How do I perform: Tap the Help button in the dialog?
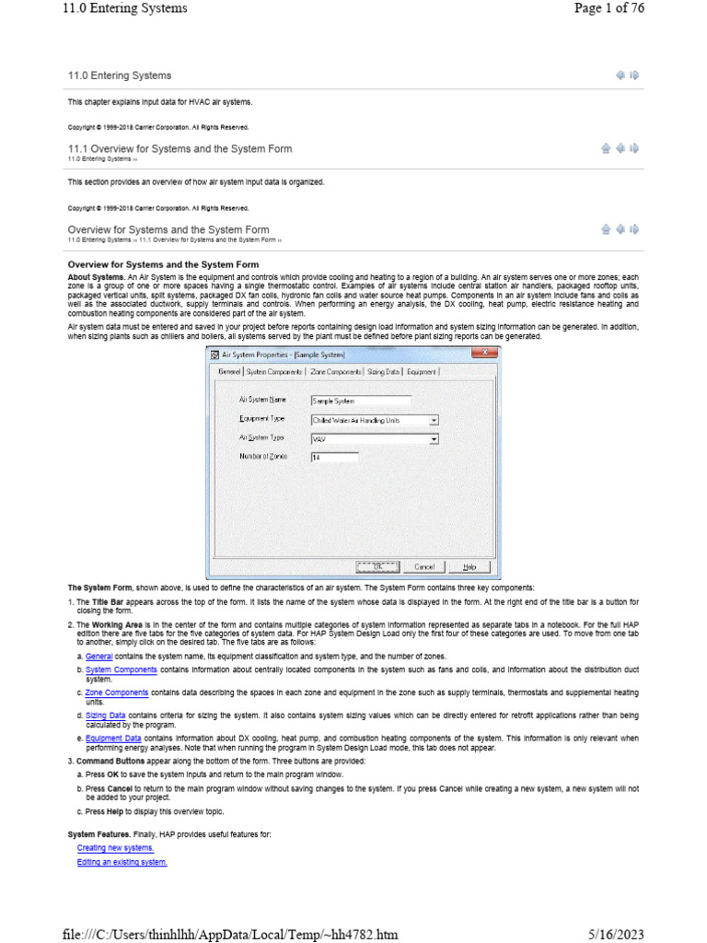pyautogui.click(x=469, y=567)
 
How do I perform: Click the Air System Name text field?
pyautogui.click(x=360, y=402)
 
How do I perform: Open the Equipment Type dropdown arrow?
pyautogui.click(x=434, y=420)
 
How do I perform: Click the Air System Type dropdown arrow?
pyautogui.click(x=434, y=439)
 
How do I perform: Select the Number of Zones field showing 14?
pyautogui.click(x=333, y=457)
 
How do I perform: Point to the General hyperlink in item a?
pyautogui.click(x=99, y=657)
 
